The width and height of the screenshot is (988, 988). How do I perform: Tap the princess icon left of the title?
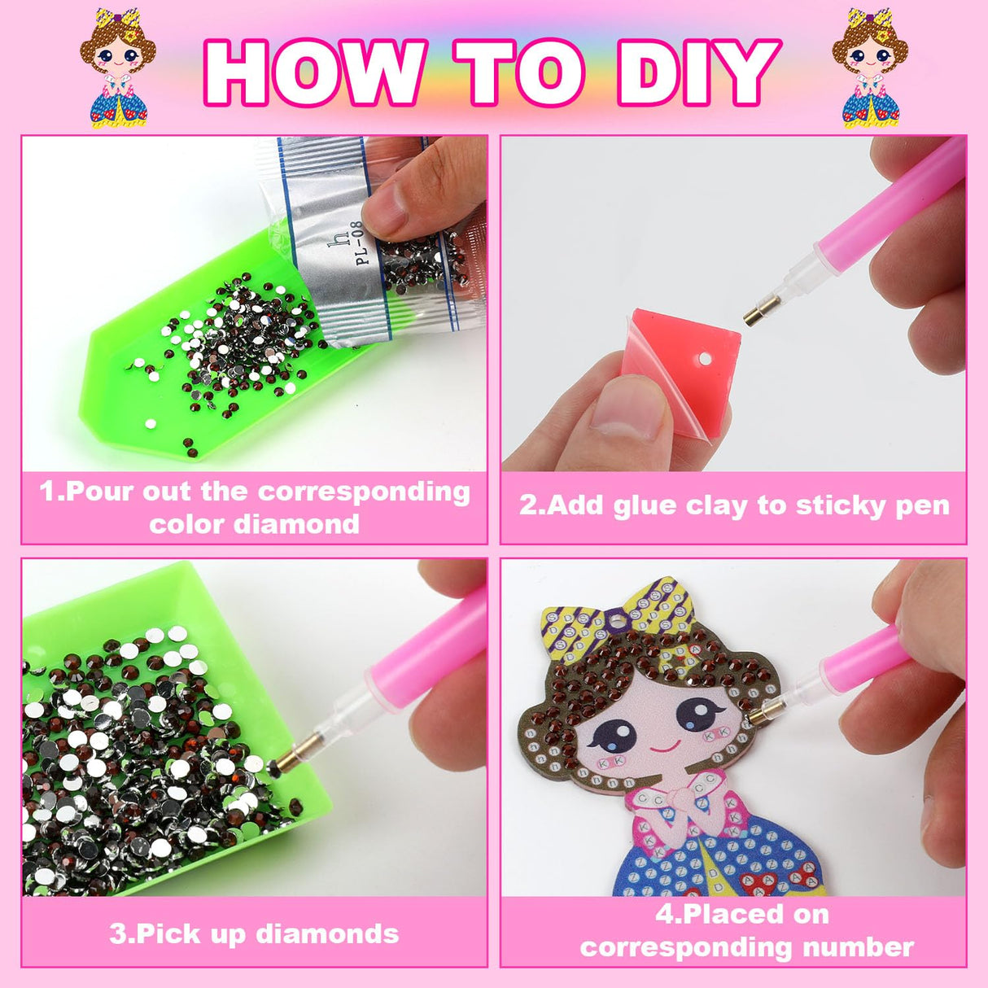tap(118, 69)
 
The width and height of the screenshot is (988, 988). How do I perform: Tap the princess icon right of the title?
tap(869, 69)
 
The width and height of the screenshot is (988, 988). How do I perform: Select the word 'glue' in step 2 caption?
tap(646, 505)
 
